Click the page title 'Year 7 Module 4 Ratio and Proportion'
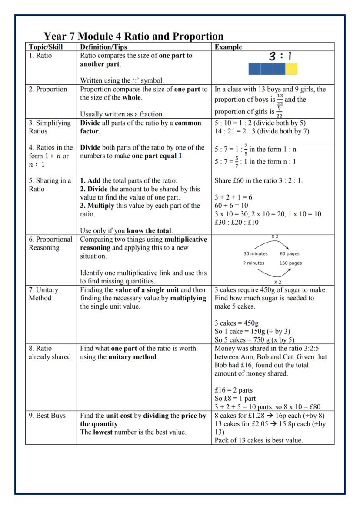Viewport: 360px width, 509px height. (x=134, y=36)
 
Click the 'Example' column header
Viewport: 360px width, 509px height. (x=228, y=47)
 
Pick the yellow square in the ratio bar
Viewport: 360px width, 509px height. (x=291, y=69)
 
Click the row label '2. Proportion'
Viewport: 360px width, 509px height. (x=48, y=90)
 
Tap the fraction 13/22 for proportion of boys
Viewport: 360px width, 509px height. (x=280, y=99)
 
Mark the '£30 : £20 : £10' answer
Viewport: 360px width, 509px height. (x=237, y=222)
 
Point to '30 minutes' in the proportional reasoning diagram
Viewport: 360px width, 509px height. (x=255, y=254)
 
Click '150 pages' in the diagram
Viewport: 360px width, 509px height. (x=290, y=263)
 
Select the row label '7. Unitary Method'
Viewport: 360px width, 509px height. (x=43, y=294)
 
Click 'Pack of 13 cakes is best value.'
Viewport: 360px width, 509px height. (x=259, y=440)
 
